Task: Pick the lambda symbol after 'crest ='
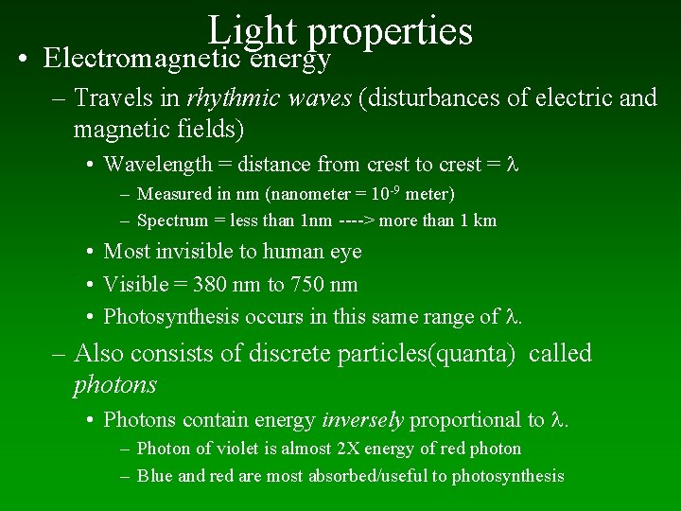tap(515, 164)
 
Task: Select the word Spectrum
tap(172, 221)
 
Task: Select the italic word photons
tap(114, 385)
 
